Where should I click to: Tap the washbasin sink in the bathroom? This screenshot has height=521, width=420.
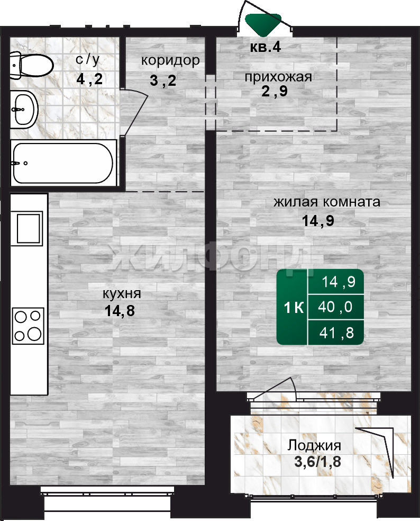24,109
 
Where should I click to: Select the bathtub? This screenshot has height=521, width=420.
63,163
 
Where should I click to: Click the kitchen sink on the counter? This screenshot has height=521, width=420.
28,228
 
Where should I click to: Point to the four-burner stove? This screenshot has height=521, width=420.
28,326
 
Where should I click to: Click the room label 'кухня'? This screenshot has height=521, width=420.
122,294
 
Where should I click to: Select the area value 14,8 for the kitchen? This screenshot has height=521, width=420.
120,311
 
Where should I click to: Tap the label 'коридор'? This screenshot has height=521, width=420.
170,61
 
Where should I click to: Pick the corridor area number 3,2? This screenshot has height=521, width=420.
163,80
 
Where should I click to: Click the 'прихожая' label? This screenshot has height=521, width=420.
278,77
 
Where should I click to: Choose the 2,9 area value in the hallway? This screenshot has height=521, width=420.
275,91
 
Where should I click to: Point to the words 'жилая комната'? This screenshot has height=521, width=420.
327,202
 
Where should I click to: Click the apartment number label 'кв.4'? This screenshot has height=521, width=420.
266,47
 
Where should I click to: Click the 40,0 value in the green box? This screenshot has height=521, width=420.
335,307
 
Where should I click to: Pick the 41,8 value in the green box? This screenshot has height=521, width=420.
336,333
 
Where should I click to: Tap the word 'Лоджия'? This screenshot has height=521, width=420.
314,445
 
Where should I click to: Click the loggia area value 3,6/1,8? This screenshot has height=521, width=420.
318,462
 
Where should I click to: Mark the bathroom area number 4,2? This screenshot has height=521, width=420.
89,79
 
